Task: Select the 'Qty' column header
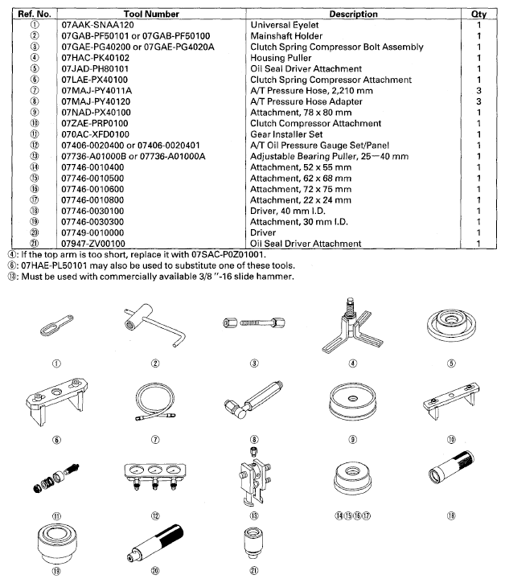[478, 14]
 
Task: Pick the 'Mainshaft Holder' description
[287, 37]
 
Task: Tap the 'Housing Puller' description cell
[281, 59]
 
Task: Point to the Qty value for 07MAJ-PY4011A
[478, 91]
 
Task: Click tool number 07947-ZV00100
[93, 243]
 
